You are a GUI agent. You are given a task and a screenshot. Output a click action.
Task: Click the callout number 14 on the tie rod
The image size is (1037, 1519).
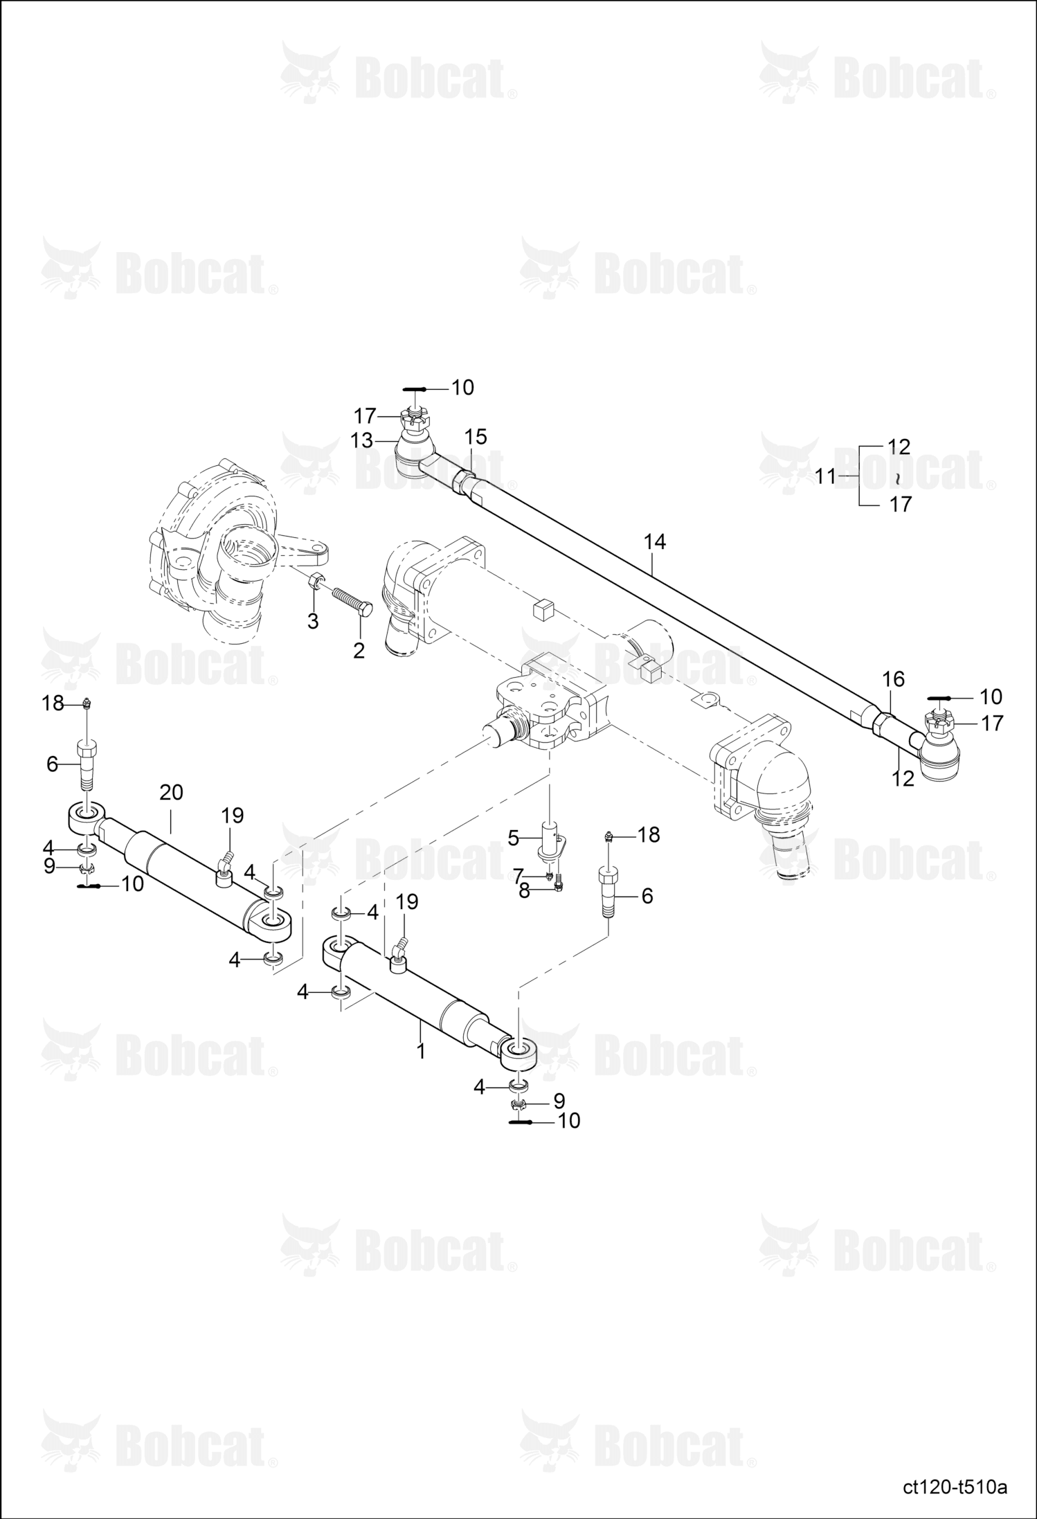pyautogui.click(x=654, y=542)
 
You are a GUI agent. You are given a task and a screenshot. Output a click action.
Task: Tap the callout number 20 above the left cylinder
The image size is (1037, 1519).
pyautogui.click(x=171, y=792)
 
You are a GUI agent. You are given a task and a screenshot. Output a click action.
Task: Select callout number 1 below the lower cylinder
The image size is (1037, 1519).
pyautogui.click(x=420, y=1050)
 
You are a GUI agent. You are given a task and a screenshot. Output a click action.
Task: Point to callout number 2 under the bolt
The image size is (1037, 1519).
pyautogui.click(x=359, y=651)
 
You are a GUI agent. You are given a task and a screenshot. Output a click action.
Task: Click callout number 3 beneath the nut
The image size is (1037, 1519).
pyautogui.click(x=313, y=622)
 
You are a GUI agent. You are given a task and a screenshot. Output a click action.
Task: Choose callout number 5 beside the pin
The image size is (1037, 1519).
pyautogui.click(x=513, y=838)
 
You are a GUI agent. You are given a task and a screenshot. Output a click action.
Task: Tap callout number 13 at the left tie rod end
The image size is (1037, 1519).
pyautogui.click(x=362, y=440)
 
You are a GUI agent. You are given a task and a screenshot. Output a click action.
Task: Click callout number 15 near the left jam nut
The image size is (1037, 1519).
pyautogui.click(x=476, y=437)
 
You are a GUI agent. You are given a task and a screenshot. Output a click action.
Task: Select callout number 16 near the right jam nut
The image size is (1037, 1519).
pyautogui.click(x=894, y=679)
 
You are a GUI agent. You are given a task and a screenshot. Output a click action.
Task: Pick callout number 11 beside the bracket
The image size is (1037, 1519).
pyautogui.click(x=825, y=477)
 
